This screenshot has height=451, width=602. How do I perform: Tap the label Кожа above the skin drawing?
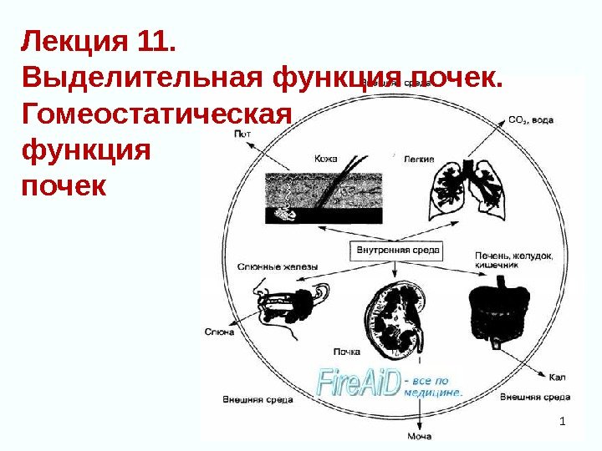coord(326,157)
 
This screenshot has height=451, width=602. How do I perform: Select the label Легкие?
coord(418,158)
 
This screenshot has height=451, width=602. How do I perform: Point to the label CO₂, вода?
coord(531,120)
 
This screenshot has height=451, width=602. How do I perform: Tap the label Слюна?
coord(219,332)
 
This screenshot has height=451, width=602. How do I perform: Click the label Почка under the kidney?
coord(347,352)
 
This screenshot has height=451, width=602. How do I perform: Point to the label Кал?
coord(558,378)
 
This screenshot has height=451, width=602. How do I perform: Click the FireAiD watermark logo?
coord(360,383)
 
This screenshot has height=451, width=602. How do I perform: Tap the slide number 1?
coord(563,418)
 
